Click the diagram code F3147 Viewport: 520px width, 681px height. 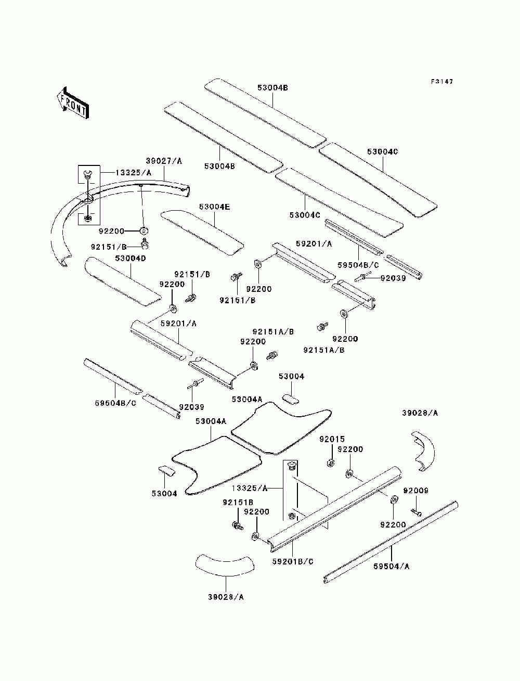441,82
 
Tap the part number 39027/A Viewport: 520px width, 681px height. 164,161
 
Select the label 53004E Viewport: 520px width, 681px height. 214,207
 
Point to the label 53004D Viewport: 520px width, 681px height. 130,258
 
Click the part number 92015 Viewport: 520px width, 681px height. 332,439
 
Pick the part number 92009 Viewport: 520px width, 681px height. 415,491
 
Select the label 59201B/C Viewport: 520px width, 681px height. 293,561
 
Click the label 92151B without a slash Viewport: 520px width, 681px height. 238,502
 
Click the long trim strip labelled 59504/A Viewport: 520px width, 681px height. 390,543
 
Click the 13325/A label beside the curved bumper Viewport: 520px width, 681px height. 133,173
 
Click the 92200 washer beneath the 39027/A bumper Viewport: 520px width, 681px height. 144,231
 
